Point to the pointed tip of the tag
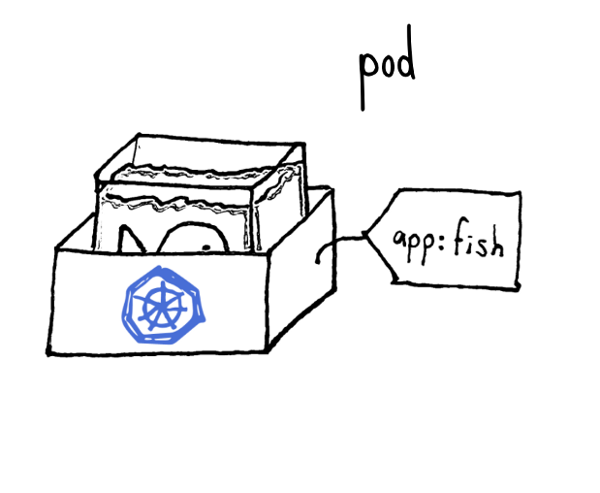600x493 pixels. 365,234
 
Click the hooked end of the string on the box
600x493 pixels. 318,255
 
